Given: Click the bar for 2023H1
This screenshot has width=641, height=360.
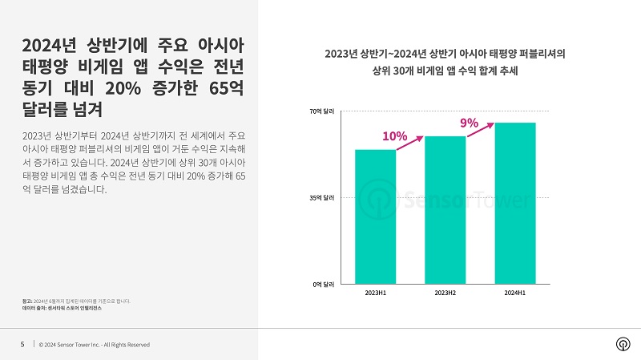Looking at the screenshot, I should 375,216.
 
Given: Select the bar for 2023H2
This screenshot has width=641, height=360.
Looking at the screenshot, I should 445,210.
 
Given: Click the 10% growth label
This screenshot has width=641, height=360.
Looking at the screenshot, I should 395,136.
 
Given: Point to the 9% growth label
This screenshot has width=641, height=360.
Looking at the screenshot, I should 469,123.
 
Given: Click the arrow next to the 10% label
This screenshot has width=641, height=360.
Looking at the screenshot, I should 410,142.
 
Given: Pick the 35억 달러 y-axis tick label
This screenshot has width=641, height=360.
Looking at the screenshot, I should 322,197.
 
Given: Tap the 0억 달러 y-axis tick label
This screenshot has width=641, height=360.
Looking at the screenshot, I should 324,284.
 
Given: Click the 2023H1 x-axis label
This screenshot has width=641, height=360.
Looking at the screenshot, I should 375,294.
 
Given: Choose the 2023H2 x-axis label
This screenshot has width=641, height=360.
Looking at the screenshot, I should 445,294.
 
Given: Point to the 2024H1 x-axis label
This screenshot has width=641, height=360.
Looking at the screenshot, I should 514,294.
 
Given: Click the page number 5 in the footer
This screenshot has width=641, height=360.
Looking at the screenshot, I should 22,345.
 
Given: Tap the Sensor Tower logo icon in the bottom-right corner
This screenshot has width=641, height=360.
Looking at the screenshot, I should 622,344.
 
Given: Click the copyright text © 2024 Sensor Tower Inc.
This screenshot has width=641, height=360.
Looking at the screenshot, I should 95,345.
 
